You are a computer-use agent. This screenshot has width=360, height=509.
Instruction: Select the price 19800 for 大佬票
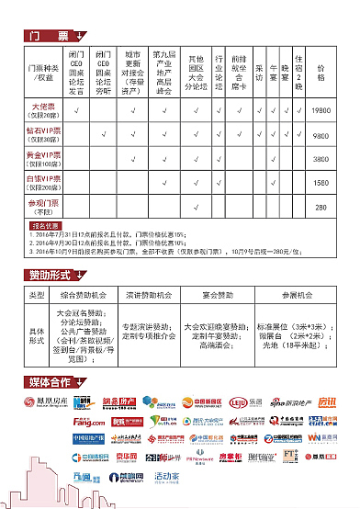click(321, 110)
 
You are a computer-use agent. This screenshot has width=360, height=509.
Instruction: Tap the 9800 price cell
click(321, 135)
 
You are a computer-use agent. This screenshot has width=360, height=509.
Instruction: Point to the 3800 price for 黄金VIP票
click(321, 158)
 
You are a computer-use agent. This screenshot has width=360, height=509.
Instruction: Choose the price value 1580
click(321, 182)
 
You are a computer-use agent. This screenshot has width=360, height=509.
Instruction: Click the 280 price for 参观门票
click(321, 207)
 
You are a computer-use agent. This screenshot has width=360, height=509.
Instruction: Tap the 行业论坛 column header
click(218, 72)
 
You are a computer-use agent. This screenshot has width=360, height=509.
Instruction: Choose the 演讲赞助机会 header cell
click(145, 296)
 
